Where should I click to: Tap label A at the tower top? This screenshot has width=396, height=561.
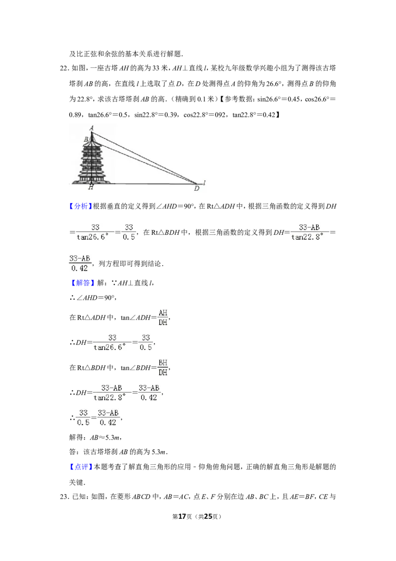tap(92, 128)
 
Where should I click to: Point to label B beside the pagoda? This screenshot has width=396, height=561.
tap(86, 140)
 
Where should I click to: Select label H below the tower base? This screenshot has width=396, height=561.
tap(91, 187)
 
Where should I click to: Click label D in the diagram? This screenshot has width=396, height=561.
tap(197, 188)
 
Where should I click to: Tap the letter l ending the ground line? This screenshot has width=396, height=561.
tap(204, 183)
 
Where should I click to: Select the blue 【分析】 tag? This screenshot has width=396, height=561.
tap(80, 206)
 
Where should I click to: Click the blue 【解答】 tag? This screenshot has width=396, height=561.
tap(80, 282)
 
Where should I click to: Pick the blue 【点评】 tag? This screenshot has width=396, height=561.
tap(80, 467)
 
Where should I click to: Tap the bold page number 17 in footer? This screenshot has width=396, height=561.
tap(182, 516)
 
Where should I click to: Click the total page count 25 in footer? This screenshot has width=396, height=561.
tap(208, 516)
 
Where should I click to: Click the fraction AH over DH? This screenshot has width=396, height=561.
tap(163, 318)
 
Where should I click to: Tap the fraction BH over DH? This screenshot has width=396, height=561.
tap(163, 368)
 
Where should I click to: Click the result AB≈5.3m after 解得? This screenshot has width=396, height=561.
tap(105, 438)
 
